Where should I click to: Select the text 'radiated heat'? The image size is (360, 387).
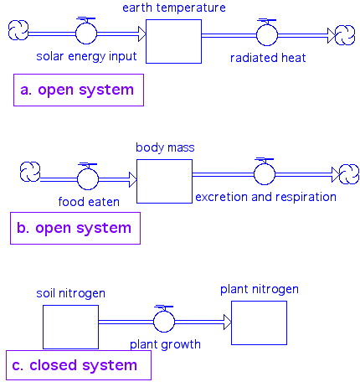[268, 58]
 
